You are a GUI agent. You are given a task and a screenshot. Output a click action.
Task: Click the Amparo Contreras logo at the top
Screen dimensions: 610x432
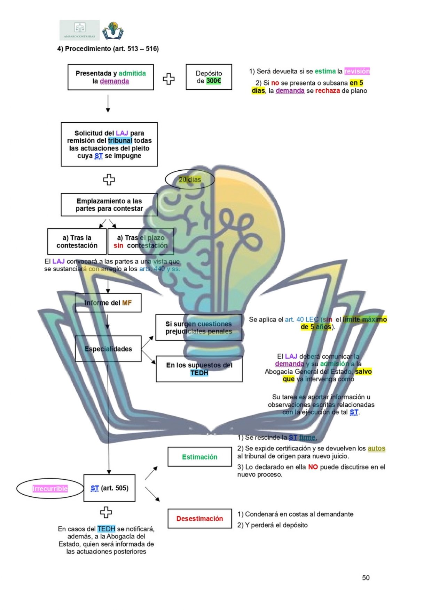(x=79, y=30)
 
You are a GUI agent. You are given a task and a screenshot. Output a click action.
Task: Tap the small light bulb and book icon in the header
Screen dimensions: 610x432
(x=112, y=30)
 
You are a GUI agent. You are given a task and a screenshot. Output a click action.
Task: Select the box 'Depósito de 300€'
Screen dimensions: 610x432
(x=209, y=77)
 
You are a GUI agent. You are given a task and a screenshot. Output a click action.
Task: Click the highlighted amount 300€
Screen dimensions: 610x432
(x=213, y=81)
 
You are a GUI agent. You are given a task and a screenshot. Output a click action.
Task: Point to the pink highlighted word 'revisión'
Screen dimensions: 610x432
(x=357, y=71)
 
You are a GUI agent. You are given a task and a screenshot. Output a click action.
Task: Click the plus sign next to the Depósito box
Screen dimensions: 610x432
(x=169, y=79)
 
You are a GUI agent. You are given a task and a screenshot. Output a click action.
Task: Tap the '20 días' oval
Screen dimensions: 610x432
(x=190, y=179)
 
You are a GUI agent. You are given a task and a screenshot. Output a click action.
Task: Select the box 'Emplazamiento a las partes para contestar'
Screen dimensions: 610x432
(x=109, y=205)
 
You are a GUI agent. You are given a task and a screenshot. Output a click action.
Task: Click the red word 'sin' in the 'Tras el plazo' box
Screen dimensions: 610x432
(x=118, y=245)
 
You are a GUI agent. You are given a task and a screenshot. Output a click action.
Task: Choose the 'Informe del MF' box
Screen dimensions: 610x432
(x=108, y=303)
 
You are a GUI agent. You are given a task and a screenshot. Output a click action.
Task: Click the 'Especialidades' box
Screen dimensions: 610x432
(x=108, y=349)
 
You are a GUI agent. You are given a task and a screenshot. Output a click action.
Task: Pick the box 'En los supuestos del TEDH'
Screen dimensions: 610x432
(x=199, y=369)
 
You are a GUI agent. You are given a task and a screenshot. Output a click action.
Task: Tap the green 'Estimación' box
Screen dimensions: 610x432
(x=199, y=457)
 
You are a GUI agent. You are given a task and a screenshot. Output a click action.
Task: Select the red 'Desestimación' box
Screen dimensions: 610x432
(x=199, y=519)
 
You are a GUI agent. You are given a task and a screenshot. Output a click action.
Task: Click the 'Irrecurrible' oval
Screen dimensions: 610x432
(x=50, y=489)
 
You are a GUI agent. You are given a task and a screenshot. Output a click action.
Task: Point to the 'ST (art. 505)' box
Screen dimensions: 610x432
(x=109, y=488)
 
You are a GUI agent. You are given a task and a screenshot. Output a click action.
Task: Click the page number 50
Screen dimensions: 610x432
(x=366, y=578)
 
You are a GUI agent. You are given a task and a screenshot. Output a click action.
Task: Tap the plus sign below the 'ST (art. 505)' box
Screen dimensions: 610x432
(x=106, y=512)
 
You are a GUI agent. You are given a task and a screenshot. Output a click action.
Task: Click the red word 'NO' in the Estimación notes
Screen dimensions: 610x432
(x=313, y=467)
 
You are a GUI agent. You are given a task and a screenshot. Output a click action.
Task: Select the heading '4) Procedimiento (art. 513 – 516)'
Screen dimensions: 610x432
(x=108, y=49)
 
